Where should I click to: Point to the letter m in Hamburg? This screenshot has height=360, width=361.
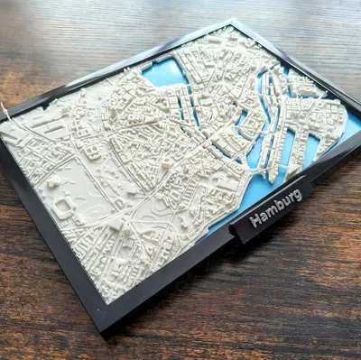(273, 209)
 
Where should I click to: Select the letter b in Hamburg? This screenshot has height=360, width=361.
(281, 204)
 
